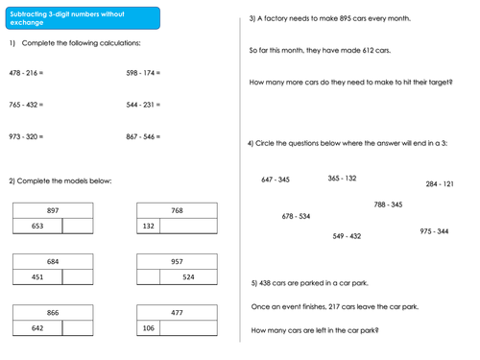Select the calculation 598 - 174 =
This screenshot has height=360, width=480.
click(x=143, y=73)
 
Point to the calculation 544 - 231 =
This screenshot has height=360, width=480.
click(x=143, y=105)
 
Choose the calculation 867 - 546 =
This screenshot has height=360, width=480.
click(x=143, y=137)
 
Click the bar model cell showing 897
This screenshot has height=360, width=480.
click(x=52, y=210)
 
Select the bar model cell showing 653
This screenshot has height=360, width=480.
click(x=37, y=227)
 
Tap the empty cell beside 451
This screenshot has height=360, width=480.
click(x=77, y=277)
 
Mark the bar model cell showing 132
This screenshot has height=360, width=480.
click(x=148, y=227)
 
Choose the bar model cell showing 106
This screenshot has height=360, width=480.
click(x=148, y=327)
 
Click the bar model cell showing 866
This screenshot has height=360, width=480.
click(x=52, y=312)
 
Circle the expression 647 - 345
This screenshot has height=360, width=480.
click(x=276, y=180)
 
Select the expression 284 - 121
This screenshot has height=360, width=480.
click(x=440, y=183)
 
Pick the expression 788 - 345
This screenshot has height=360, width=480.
click(x=388, y=204)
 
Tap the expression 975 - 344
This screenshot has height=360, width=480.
click(x=434, y=231)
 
